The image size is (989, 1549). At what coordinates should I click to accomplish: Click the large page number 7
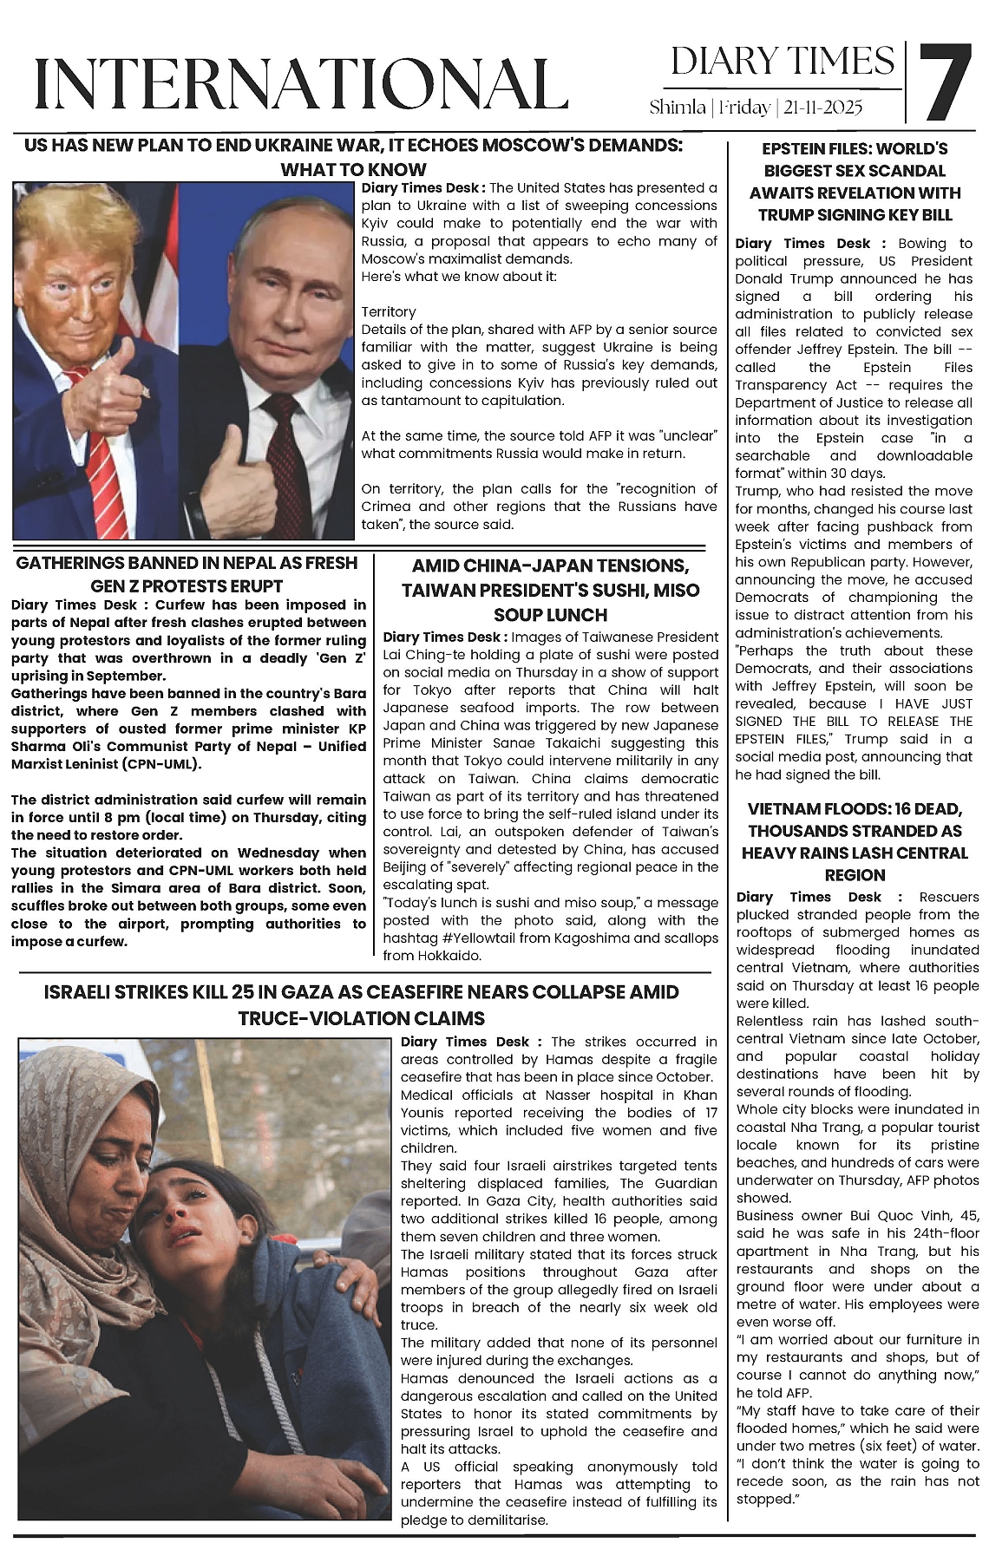[x=945, y=82]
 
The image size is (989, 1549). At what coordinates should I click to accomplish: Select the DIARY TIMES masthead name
[x=782, y=62]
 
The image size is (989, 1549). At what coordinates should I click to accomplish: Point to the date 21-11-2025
[x=822, y=108]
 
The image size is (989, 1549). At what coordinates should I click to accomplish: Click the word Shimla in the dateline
[x=677, y=108]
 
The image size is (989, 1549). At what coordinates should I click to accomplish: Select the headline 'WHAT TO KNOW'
[x=353, y=169]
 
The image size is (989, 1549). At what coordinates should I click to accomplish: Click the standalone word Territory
[x=389, y=311]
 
